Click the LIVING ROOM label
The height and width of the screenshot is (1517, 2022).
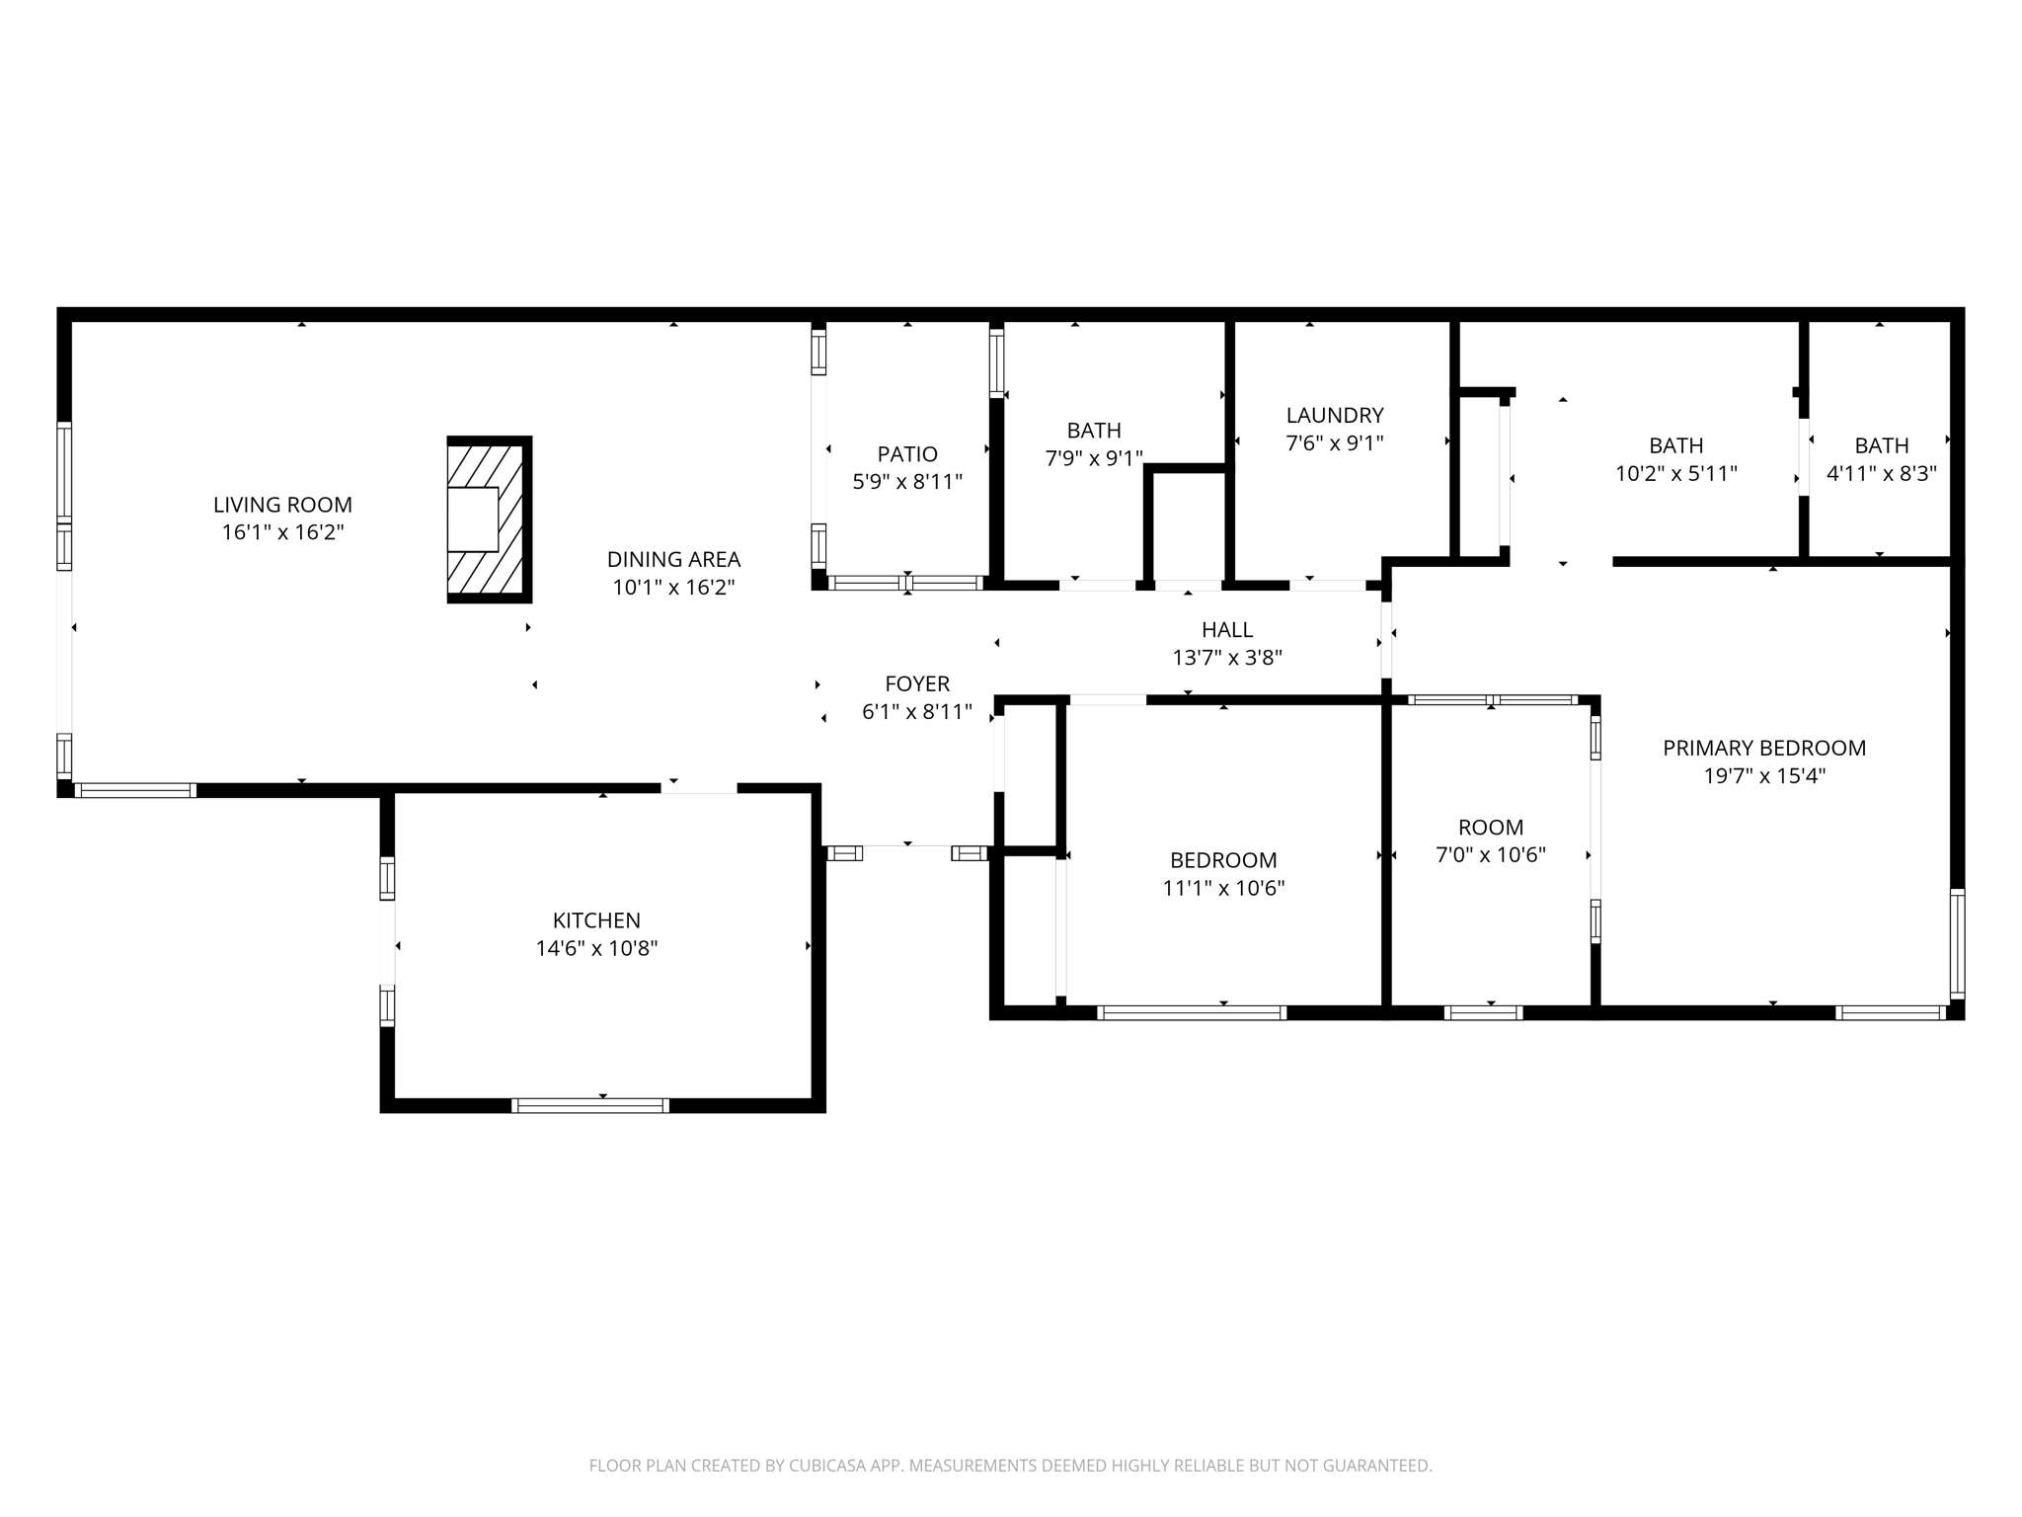(282, 505)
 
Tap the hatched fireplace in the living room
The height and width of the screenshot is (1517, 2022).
(489, 519)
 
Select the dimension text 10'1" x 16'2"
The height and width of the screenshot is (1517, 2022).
(673, 588)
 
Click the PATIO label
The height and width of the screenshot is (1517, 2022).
(906, 454)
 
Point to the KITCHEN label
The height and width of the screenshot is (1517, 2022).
(596, 920)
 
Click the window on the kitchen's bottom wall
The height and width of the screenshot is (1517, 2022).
(590, 1105)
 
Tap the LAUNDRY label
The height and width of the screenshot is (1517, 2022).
(1334, 416)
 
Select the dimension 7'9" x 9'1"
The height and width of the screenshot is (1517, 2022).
(1094, 458)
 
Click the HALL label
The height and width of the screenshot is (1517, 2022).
(1227, 630)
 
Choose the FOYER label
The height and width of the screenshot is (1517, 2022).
(917, 683)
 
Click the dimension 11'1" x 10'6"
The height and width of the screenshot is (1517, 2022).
(1223, 888)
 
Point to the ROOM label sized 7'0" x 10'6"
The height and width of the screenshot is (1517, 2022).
(1490, 828)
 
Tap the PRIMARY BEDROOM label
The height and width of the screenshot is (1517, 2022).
(1763, 749)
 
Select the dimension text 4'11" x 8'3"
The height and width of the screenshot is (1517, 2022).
(1881, 473)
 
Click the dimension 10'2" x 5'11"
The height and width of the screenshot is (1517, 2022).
(1675, 473)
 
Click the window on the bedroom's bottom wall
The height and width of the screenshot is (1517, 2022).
(1192, 1012)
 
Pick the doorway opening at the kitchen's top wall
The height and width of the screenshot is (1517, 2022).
(699, 787)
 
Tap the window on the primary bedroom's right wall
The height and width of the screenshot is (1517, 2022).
(1957, 943)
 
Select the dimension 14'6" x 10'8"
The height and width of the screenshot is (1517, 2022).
(596, 948)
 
